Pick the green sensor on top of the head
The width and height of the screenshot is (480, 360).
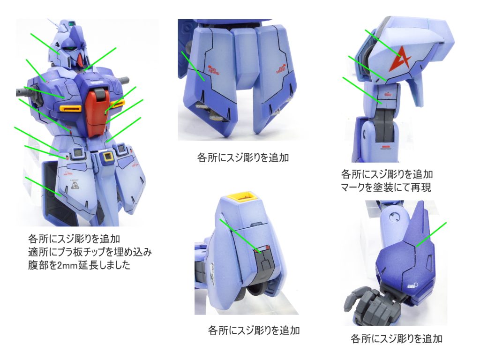pyautogui.click(x=72, y=22)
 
